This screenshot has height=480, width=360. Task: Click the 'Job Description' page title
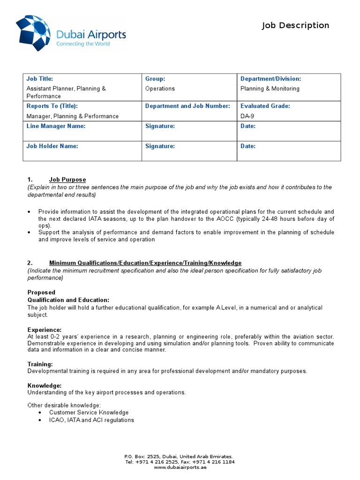(x=295, y=25)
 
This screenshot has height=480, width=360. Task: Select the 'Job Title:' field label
(x=40, y=79)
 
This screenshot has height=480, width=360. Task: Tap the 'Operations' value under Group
(x=160, y=89)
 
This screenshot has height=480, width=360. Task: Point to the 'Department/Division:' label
(x=270, y=79)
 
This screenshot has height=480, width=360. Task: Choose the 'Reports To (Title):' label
(x=52, y=106)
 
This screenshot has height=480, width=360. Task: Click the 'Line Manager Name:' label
(x=56, y=126)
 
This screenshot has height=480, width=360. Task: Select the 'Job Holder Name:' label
(x=52, y=146)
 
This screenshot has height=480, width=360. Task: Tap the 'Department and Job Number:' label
(x=187, y=106)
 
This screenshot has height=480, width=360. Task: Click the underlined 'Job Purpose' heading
(x=67, y=180)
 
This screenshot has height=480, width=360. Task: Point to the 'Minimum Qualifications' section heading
(x=145, y=263)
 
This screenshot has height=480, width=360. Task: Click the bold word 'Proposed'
(x=41, y=292)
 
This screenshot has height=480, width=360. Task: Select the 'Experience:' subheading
(x=45, y=330)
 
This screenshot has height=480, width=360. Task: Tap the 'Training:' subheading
(x=40, y=364)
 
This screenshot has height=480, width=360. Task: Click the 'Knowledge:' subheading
(x=45, y=385)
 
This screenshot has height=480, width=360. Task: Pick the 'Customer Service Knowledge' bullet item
(x=89, y=412)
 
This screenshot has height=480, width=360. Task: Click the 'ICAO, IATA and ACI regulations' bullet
(x=91, y=420)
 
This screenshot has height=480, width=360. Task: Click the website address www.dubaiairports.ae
(x=180, y=467)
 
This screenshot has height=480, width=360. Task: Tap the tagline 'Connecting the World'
(x=83, y=44)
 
